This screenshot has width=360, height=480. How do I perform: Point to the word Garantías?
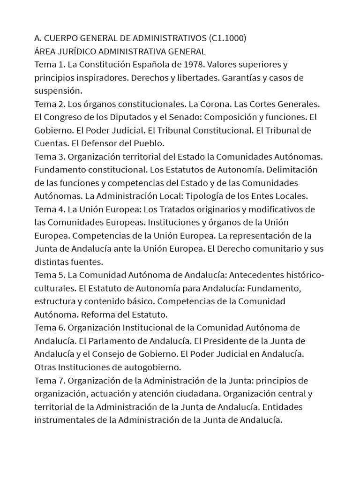(255, 77)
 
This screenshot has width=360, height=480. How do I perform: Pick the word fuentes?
(86, 261)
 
